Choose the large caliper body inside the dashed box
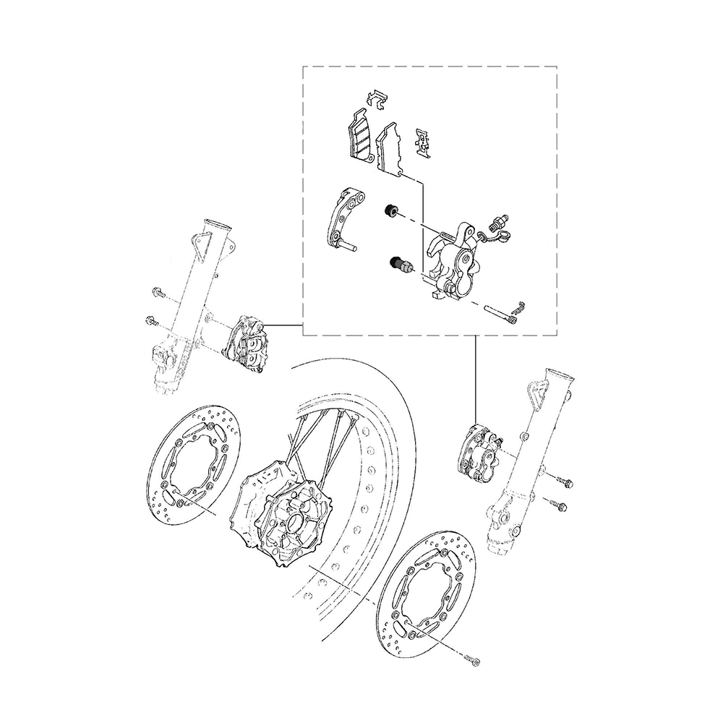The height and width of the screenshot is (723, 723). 452,260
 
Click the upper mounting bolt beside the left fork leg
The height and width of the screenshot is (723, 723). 158,293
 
